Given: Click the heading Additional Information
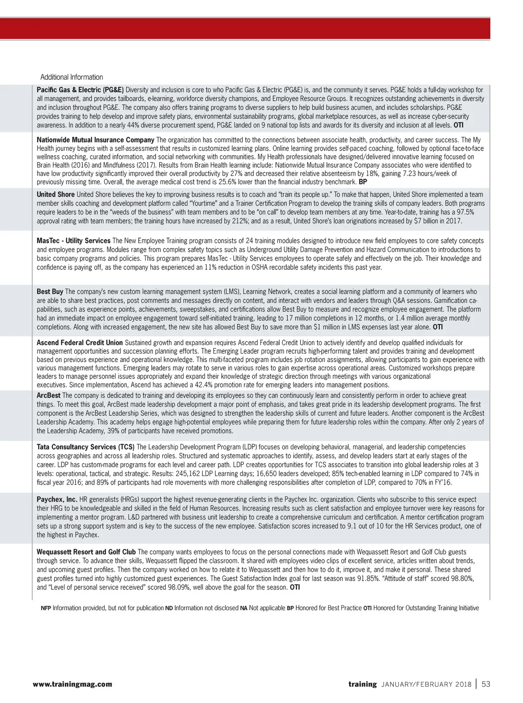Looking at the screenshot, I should [x=71, y=77].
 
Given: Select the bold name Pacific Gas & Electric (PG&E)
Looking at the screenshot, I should [x=80, y=90].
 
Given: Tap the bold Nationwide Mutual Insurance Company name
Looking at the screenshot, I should [x=95, y=140].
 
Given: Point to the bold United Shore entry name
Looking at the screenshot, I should [x=56, y=194].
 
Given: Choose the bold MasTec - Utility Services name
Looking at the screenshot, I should [x=73, y=241].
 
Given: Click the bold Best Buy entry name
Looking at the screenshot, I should [x=50, y=292].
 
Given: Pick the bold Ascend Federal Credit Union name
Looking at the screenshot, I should [x=80, y=343].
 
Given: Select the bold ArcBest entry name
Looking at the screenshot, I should [x=48, y=395].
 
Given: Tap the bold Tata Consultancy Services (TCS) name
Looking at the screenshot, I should [x=85, y=447].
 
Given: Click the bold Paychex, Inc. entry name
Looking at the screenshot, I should [x=57, y=499].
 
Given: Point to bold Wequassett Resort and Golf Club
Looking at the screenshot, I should [x=86, y=552].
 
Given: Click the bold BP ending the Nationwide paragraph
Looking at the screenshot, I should [x=363, y=182].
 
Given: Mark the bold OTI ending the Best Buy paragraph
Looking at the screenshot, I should [x=438, y=327].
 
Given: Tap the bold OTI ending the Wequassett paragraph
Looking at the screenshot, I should [x=295, y=587].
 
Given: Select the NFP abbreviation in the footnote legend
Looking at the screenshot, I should [x=46, y=608].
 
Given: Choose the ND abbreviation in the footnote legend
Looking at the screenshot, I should [x=169, y=608].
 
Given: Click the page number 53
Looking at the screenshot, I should [x=486, y=684].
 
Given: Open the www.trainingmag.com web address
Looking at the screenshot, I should [x=72, y=684].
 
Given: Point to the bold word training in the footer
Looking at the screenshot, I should [x=362, y=684].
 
